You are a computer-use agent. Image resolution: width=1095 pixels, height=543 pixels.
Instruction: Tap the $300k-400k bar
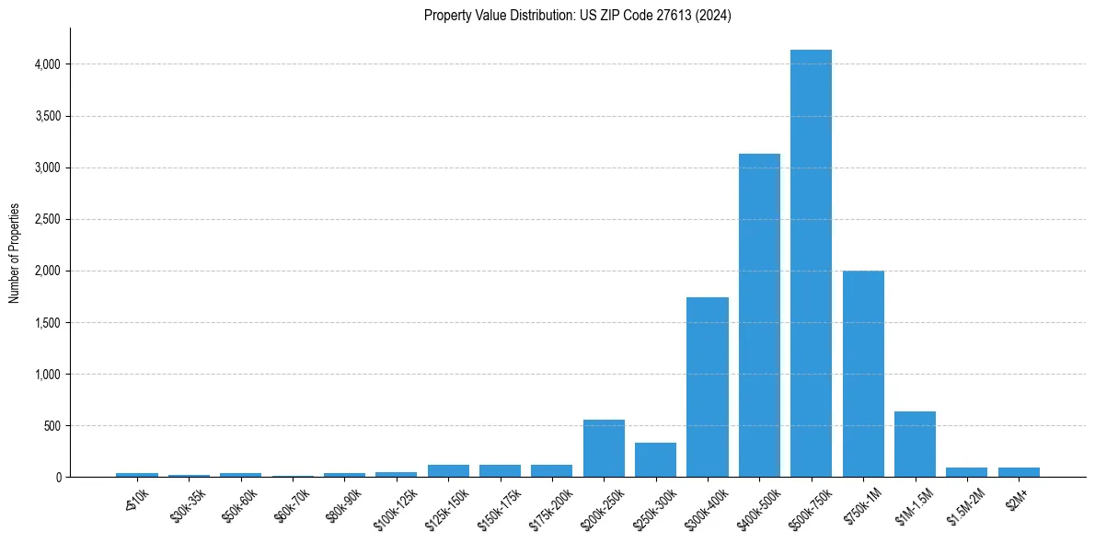708,387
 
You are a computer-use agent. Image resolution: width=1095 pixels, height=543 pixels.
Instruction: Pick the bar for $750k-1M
863,374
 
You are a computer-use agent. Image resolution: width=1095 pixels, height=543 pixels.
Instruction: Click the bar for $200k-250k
604,448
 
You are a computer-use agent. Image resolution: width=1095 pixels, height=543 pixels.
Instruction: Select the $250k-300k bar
655,459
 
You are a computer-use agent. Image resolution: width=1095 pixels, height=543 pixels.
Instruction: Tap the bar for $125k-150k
448,470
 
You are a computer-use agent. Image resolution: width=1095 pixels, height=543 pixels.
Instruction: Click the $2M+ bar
1019,472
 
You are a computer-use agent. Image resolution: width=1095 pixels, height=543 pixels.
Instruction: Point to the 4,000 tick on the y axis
49,64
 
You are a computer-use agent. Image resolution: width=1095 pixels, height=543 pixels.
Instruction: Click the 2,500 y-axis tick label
49,219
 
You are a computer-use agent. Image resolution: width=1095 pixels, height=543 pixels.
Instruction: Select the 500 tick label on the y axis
54,426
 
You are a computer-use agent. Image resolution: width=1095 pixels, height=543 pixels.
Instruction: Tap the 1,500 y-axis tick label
49,323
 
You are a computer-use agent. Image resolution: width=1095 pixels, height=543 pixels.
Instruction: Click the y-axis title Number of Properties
14,253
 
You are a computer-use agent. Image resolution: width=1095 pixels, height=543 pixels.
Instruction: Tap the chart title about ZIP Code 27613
577,16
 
